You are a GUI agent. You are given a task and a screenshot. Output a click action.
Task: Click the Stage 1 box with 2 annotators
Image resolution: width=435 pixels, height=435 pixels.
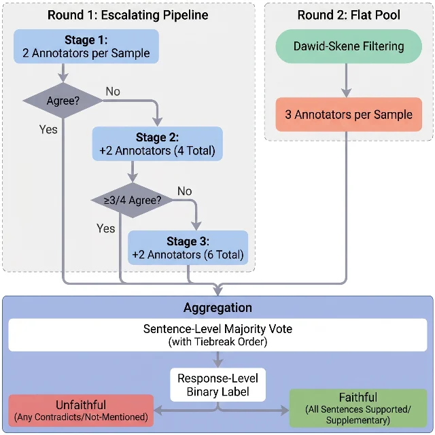(x=86, y=46)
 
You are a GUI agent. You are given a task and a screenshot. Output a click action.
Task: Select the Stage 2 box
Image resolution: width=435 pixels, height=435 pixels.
(x=157, y=143)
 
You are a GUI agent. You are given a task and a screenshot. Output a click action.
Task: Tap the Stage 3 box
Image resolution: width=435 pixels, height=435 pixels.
(x=188, y=247)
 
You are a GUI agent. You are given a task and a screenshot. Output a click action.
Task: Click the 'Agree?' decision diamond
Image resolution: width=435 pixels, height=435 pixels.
(x=63, y=101)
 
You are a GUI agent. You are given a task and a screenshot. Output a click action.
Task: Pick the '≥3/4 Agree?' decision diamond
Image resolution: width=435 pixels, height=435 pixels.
(x=133, y=200)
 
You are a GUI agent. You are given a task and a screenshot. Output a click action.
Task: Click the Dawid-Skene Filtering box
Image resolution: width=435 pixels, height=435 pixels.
(x=349, y=46)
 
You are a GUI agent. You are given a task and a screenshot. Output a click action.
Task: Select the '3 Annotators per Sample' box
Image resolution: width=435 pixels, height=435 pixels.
(x=349, y=114)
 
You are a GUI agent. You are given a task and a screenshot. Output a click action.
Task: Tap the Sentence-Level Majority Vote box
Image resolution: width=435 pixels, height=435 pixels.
(x=217, y=335)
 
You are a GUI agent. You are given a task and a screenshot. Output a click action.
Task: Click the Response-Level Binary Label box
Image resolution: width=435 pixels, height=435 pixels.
(x=217, y=385)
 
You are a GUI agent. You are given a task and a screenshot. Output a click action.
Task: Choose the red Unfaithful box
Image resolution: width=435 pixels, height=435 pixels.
(x=81, y=411)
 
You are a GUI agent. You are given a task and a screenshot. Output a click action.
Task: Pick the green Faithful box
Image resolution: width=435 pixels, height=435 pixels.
(x=358, y=408)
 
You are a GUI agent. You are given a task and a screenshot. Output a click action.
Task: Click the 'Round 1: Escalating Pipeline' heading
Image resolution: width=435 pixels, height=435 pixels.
(x=128, y=15)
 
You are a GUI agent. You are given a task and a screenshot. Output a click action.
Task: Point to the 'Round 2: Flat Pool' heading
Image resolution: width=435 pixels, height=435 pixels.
(x=349, y=15)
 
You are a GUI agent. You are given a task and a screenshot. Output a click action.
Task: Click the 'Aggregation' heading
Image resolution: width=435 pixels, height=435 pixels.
(x=217, y=308)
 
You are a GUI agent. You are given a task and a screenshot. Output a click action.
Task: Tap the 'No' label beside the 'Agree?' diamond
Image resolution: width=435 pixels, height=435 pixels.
(x=113, y=91)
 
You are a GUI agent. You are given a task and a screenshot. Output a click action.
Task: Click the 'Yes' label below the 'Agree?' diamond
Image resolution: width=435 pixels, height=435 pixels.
(x=48, y=129)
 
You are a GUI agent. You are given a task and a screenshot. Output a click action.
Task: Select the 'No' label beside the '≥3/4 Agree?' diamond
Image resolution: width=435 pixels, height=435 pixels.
(x=184, y=191)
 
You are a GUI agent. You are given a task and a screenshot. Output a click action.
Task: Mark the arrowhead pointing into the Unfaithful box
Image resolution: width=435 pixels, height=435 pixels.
(x=158, y=411)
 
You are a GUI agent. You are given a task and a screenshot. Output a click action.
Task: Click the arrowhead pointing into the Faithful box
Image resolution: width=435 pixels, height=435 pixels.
(x=285, y=411)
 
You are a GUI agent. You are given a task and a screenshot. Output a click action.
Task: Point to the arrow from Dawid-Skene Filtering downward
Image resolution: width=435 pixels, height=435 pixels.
(x=346, y=80)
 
